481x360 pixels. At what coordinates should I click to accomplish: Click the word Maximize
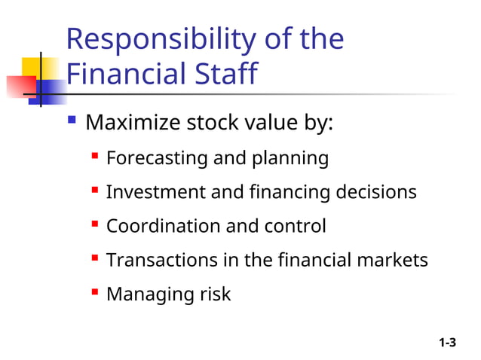tap(133, 122)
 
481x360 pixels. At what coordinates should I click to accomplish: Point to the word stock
tap(213, 122)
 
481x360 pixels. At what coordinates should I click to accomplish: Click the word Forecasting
tap(157, 159)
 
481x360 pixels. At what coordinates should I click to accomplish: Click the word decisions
tap(375, 192)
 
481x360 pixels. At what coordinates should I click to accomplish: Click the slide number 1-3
tap(448, 343)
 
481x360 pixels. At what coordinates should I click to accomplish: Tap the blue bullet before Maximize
tap(72, 121)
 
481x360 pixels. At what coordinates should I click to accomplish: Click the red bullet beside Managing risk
tap(95, 292)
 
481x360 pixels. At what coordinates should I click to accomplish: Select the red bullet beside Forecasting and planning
tap(95, 157)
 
